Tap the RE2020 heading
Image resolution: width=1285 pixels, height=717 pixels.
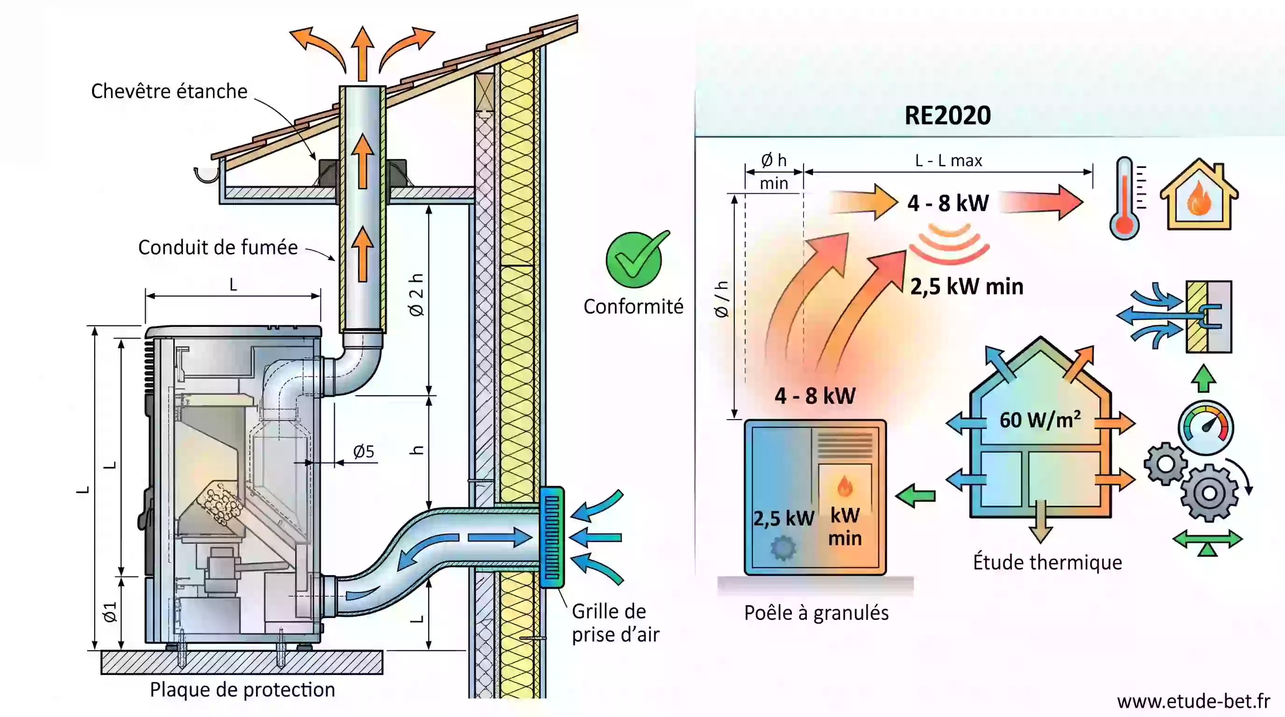[x=947, y=116]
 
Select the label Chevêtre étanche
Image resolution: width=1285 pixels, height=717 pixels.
[x=169, y=91]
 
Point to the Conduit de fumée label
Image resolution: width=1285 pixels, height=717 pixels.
[x=218, y=247]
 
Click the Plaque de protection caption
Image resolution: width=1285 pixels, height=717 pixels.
[x=242, y=690]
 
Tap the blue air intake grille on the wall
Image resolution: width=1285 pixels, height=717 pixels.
[x=552, y=537]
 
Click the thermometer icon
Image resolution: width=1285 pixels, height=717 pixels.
[x=1126, y=198]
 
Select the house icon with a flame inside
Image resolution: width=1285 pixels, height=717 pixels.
[x=1199, y=195]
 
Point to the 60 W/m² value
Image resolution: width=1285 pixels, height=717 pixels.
[x=1040, y=419]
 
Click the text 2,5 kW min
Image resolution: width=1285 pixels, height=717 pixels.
[x=967, y=287]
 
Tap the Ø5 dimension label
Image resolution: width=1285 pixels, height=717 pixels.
[x=364, y=452]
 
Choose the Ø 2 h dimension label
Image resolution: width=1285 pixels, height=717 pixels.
[x=416, y=295]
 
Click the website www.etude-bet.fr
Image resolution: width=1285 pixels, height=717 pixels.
[x=1193, y=702]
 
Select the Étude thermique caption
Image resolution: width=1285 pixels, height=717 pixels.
[x=1047, y=562]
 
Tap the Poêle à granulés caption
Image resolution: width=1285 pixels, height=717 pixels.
[x=816, y=613]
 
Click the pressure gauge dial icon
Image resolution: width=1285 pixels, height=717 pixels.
[x=1206, y=427]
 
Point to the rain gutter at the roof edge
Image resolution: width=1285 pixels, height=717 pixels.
[x=206, y=175]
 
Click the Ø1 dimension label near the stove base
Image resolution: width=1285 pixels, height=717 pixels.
[x=110, y=612]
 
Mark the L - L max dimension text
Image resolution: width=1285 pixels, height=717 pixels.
[x=948, y=161]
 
